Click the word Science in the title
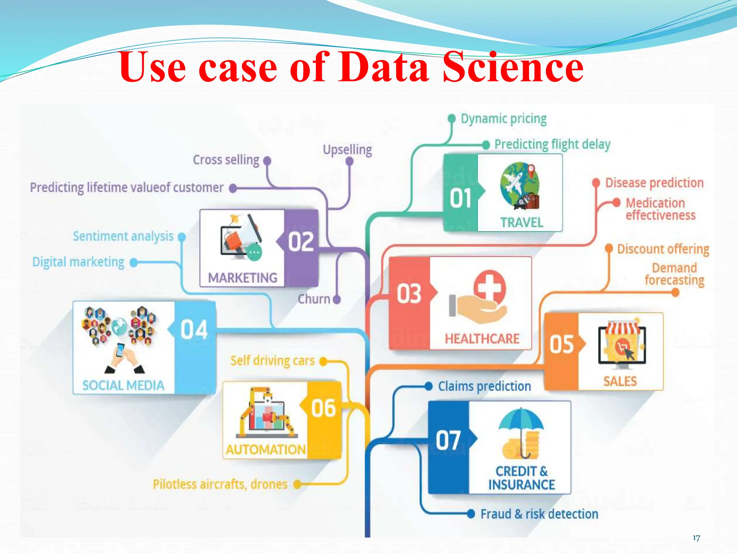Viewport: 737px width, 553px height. click(x=513, y=67)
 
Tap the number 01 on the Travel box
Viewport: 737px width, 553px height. click(x=460, y=198)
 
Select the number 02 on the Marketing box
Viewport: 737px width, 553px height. click(x=301, y=242)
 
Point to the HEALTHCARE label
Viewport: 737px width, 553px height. click(x=482, y=338)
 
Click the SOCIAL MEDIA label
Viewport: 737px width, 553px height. click(x=123, y=386)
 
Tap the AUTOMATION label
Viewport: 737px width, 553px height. click(x=266, y=450)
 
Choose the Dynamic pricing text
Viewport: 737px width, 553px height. click(x=503, y=118)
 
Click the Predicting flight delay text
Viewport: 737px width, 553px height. click(x=552, y=144)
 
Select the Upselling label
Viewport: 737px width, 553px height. click(x=347, y=149)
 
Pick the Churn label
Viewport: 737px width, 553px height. click(x=314, y=299)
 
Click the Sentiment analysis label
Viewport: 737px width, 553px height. click(x=123, y=236)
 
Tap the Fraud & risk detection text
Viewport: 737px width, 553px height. click(x=539, y=514)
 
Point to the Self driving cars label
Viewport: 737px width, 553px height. click(x=272, y=360)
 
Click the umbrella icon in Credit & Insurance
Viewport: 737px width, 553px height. click(x=521, y=425)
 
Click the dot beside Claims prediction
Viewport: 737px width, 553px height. click(x=428, y=386)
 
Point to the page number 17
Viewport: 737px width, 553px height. click(x=696, y=538)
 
